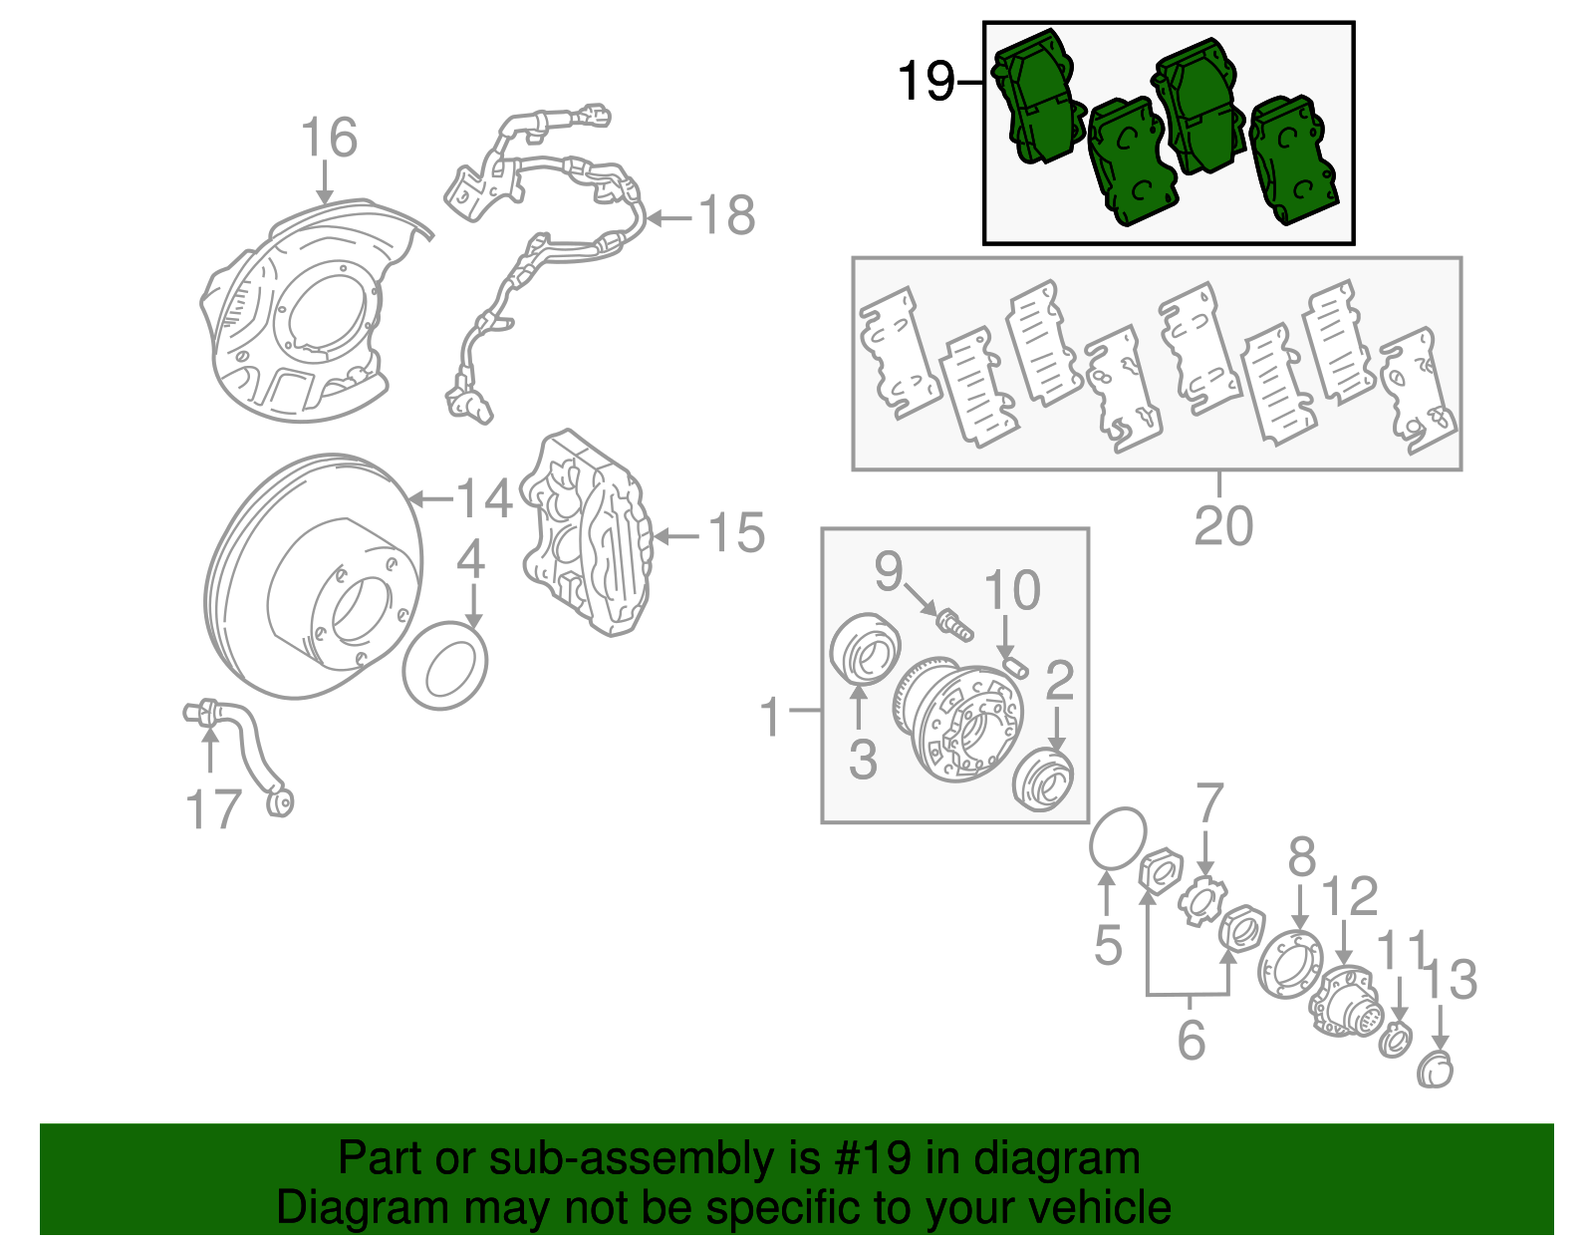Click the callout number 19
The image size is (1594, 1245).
tap(926, 82)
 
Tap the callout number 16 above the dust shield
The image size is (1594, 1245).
tap(329, 138)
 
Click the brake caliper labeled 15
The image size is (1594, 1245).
tap(588, 533)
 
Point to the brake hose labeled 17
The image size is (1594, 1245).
tap(249, 748)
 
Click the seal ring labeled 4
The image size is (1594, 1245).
tap(445, 666)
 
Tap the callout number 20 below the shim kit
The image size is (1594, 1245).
tap(1222, 525)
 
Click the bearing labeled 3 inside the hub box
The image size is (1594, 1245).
tap(865, 649)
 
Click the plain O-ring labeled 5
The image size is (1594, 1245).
tap(1118, 838)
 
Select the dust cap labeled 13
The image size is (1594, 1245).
tap(1436, 1069)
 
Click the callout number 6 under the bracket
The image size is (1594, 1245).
tap(1191, 1039)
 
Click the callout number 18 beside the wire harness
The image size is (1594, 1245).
tap(726, 215)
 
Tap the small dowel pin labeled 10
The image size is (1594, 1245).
tap(1015, 662)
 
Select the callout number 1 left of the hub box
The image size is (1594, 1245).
tap(771, 716)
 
